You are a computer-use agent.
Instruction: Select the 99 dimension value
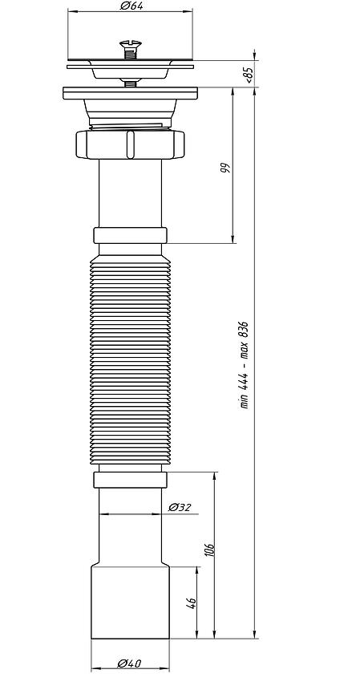[226, 168]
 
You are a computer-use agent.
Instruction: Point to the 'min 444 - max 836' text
[245, 365]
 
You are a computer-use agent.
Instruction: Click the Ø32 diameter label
[180, 507]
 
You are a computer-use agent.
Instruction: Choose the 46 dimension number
[192, 603]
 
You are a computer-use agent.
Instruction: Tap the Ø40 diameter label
[129, 664]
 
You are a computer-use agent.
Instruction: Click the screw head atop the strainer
[131, 44]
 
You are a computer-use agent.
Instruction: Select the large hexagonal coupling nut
[130, 144]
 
